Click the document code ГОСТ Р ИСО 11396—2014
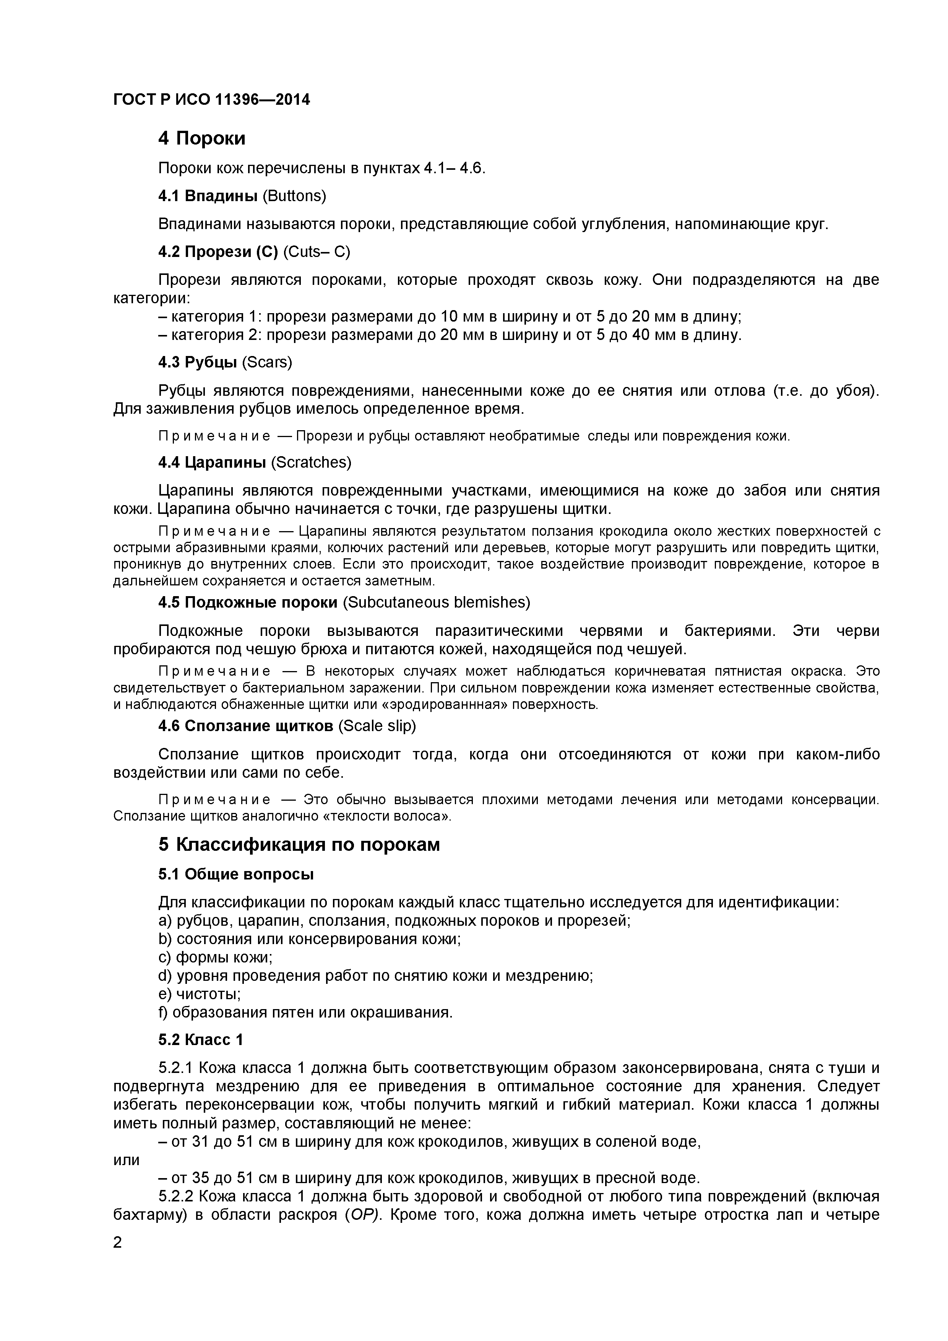(211, 100)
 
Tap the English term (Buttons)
(294, 196)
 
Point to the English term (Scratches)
(311, 463)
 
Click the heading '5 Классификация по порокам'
(299, 845)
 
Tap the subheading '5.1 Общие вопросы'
(236, 874)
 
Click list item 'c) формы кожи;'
(215, 957)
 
